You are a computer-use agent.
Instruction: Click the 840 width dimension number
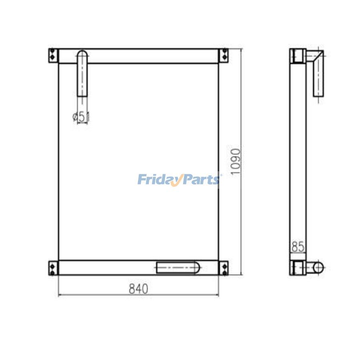138,289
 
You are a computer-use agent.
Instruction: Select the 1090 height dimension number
236,162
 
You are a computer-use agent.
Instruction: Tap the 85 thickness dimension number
298,247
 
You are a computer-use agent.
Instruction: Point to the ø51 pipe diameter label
81,116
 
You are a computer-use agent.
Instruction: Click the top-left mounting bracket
53,56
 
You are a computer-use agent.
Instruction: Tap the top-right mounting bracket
223,56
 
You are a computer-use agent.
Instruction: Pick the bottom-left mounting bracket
53,268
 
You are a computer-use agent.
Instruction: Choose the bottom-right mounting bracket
223,268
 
